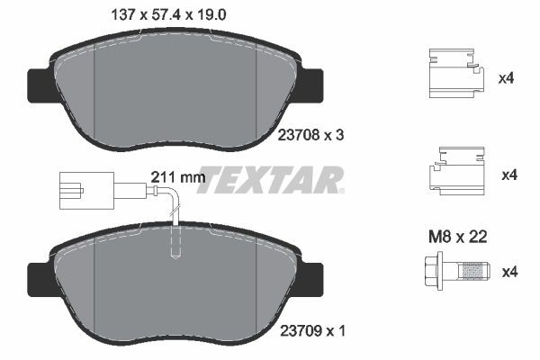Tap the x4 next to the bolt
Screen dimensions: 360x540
point(507,271)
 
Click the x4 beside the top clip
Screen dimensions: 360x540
point(507,79)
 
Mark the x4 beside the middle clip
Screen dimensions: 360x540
point(507,174)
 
